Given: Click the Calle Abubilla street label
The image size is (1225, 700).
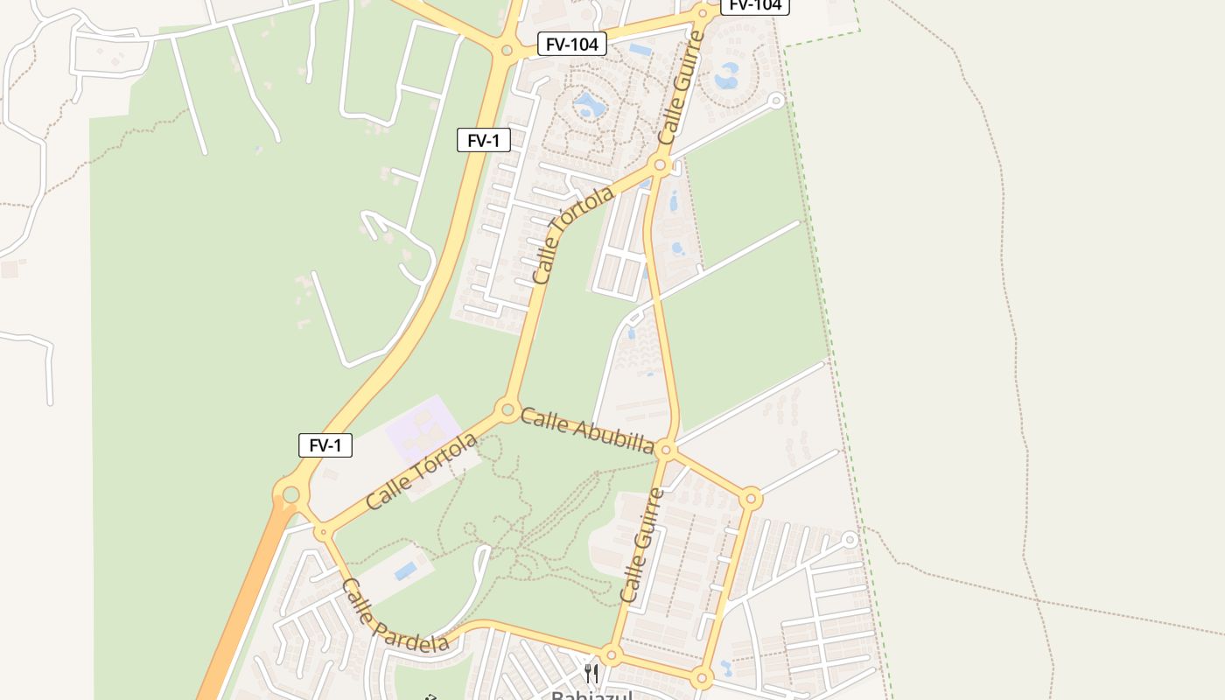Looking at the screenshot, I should [x=587, y=430].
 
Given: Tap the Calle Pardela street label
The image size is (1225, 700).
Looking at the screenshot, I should [x=395, y=616].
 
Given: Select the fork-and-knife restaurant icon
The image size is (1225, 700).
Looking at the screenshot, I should [x=592, y=673].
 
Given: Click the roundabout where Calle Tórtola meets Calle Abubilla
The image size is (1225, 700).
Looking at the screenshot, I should [x=507, y=409].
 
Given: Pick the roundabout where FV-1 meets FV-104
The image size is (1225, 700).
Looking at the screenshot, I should [x=506, y=51].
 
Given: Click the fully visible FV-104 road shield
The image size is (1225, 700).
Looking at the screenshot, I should [x=572, y=44].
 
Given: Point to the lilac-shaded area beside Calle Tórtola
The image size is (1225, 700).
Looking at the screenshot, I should [x=424, y=429].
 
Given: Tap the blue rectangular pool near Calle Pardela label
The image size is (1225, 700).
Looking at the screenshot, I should [x=405, y=571].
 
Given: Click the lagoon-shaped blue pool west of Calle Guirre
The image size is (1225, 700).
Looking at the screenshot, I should [x=589, y=107].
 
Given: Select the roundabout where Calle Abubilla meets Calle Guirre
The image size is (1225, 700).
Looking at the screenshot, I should [x=666, y=450].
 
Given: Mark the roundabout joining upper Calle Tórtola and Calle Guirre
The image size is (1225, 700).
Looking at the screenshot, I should [x=660, y=164].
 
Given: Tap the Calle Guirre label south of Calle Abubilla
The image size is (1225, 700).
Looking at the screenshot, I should [x=642, y=545].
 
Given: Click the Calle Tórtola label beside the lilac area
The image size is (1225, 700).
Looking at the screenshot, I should [x=422, y=471].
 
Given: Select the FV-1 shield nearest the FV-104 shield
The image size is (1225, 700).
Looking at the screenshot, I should [x=483, y=140].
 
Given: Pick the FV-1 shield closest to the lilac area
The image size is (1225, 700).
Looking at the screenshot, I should [x=325, y=445].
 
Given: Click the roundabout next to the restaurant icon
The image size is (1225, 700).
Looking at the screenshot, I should [x=612, y=654].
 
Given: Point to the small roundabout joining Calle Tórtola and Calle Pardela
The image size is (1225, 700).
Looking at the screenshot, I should [x=323, y=531].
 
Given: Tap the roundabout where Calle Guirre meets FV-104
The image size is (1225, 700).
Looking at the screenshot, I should [x=702, y=13].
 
